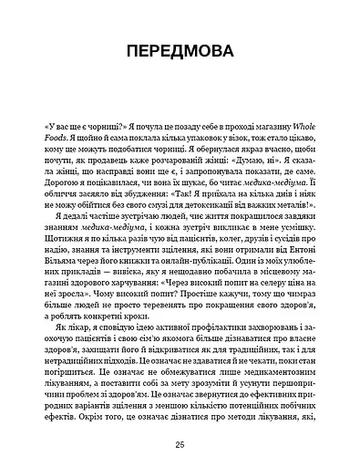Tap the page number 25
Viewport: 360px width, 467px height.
point(180,442)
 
